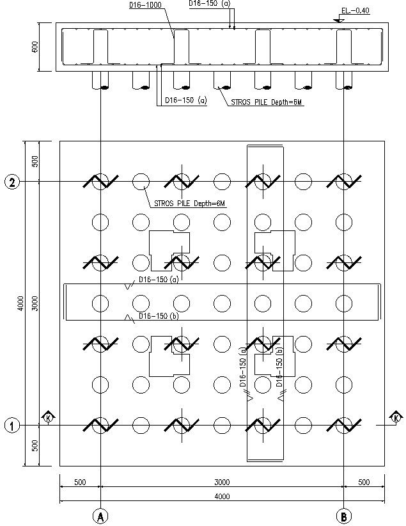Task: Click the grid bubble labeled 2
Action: coord(12,182)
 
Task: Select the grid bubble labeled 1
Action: coord(12,425)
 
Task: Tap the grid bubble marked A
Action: coord(100,516)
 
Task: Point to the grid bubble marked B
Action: coord(344,516)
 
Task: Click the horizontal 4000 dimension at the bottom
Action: coord(222,497)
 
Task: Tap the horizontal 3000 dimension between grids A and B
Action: coord(222,481)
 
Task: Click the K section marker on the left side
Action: coord(48,418)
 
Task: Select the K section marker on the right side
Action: coord(396,418)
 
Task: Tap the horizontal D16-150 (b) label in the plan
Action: coord(159,316)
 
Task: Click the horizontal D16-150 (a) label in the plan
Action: coord(159,280)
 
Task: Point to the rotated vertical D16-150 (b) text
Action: coord(279,369)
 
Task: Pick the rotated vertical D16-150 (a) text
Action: coord(243,369)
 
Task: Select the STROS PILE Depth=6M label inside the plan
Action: coord(191,203)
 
